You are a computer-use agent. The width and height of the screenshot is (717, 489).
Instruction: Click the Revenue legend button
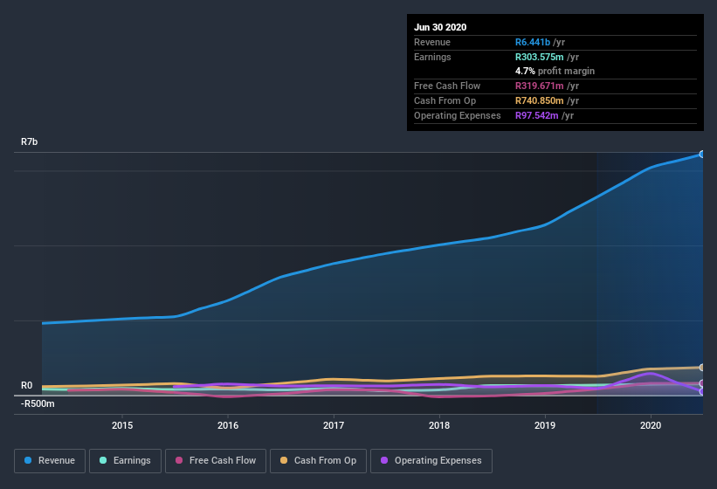pos(50,460)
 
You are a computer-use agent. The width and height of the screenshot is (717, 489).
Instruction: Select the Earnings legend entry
pos(125,460)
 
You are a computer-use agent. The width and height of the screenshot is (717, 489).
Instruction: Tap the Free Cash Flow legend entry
pos(216,460)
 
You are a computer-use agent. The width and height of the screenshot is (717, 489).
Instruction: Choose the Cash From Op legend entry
pos(318,460)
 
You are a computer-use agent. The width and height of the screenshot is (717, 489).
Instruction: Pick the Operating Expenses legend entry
pos(431,460)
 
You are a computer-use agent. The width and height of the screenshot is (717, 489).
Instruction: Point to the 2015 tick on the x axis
pos(122,425)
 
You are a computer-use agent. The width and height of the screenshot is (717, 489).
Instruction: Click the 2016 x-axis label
pos(228,425)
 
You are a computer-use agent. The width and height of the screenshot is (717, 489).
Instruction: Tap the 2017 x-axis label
pos(334,425)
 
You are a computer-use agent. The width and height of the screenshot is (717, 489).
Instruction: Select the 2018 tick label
pos(439,425)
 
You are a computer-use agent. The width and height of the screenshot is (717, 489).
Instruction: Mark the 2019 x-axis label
pos(545,425)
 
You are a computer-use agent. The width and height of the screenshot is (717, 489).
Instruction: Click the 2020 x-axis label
pos(651,425)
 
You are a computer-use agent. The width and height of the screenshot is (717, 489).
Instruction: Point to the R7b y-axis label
pos(30,141)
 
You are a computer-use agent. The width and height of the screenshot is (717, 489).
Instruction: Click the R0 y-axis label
pos(26,385)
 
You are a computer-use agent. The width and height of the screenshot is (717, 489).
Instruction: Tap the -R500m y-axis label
pos(38,403)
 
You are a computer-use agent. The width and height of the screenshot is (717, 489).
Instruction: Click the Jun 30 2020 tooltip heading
pos(440,27)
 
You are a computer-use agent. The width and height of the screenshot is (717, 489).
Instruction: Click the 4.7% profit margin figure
pos(524,71)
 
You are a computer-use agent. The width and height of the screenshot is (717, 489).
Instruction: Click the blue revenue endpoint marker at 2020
pos(701,154)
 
